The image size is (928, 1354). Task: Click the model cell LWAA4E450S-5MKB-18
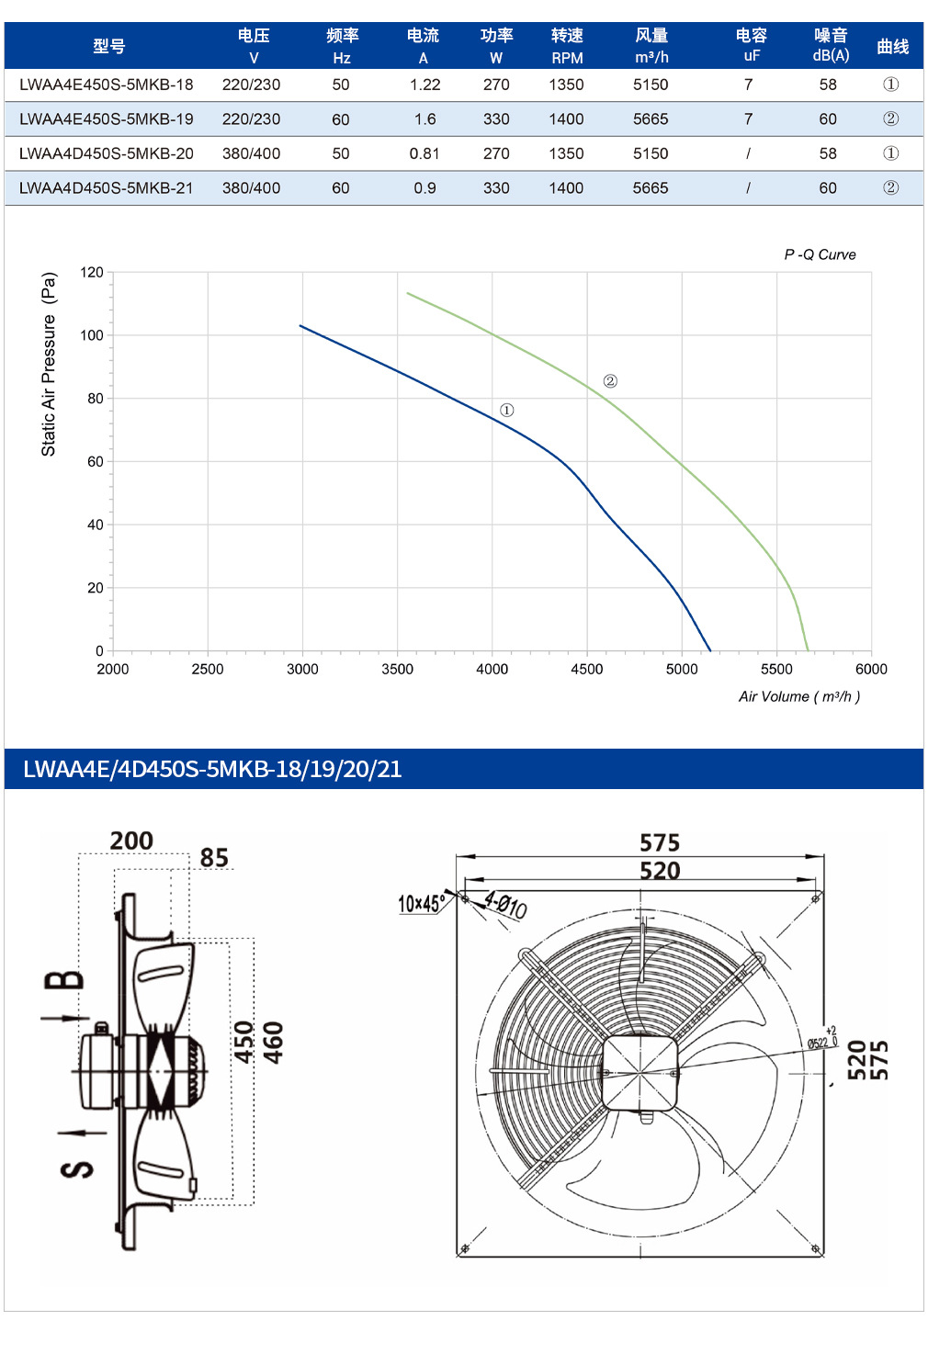pyautogui.click(x=107, y=85)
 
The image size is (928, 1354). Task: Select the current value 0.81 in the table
pyautogui.click(x=424, y=153)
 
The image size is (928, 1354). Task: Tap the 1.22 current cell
pyautogui.click(x=425, y=85)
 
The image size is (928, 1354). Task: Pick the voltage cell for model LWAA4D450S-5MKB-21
pyautogui.click(x=251, y=188)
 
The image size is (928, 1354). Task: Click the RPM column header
pyautogui.click(x=567, y=46)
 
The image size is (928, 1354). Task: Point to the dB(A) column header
pyautogui.click(x=831, y=45)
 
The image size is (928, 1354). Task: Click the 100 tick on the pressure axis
pyautogui.click(x=92, y=335)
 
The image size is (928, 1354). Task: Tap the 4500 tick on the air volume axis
pyautogui.click(x=587, y=669)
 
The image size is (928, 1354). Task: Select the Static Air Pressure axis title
pyautogui.click(x=49, y=364)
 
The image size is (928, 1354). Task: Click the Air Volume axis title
pyautogui.click(x=799, y=697)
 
